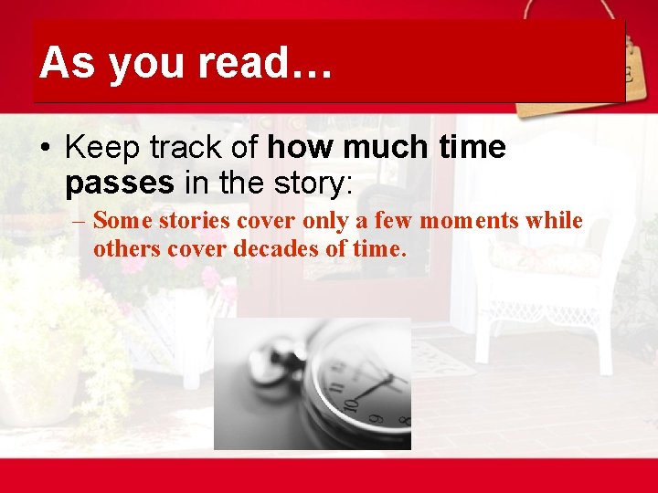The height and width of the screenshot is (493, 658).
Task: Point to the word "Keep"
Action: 104,148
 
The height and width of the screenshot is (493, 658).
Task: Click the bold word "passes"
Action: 120,183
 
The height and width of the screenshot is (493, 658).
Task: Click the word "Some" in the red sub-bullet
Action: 117,220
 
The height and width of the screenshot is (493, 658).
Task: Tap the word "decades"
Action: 271,248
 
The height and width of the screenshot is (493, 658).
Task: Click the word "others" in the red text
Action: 121,248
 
